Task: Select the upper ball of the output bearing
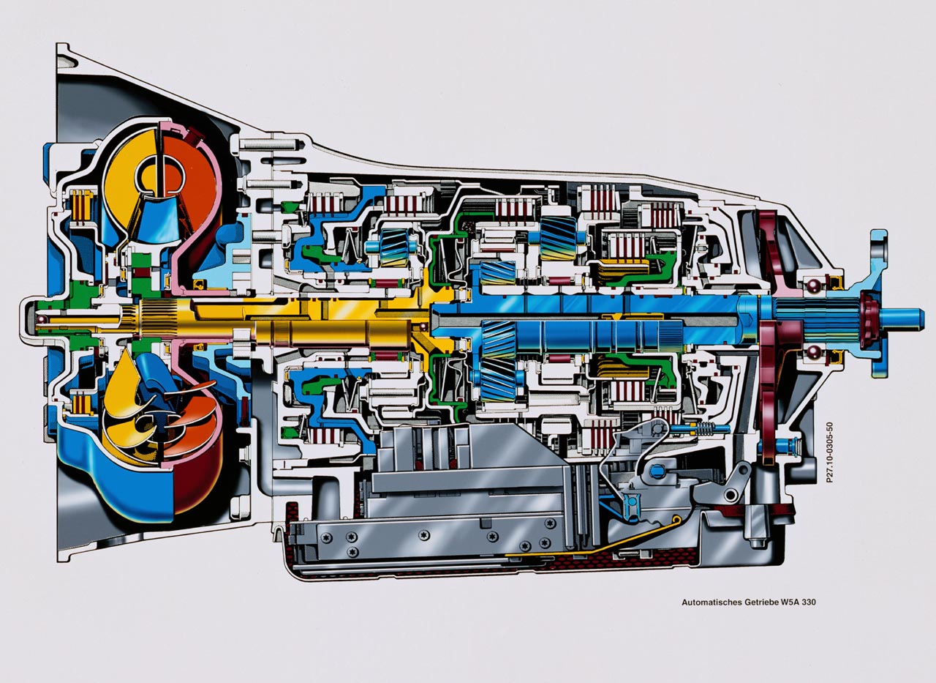812,286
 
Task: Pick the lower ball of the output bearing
812,353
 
